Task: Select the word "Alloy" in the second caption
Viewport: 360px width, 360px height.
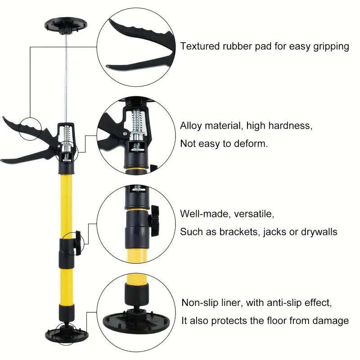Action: click(193, 126)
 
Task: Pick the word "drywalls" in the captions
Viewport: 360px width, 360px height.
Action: click(319, 232)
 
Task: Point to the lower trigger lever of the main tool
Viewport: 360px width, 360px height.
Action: click(27, 155)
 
